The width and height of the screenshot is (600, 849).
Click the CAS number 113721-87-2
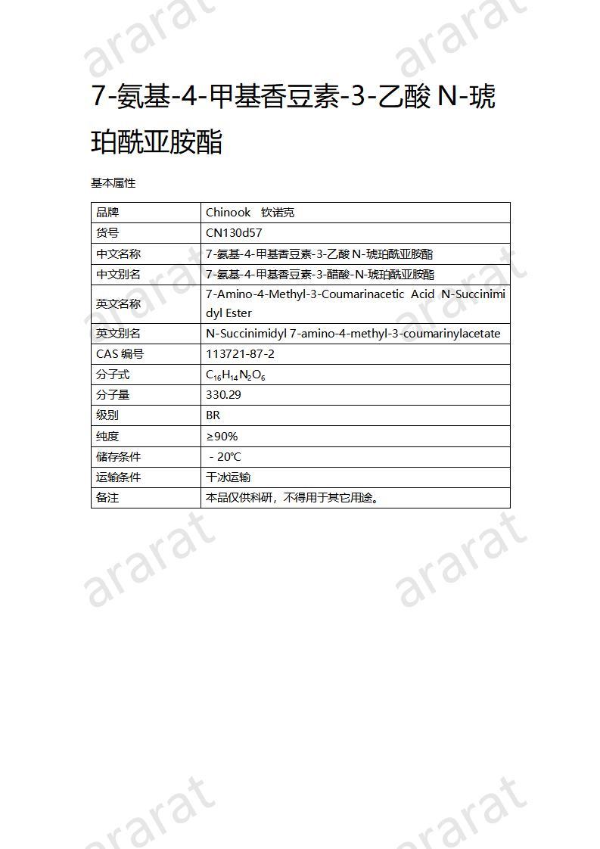pos(240,354)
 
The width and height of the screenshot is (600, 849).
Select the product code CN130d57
pos(234,233)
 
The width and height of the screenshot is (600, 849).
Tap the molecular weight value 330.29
pos(224,395)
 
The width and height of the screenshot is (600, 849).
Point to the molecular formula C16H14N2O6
pos(235,375)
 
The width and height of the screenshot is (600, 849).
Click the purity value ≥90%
pos(222,437)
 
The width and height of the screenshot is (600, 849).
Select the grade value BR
pos(213,415)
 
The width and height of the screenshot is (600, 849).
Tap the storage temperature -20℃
pos(225,457)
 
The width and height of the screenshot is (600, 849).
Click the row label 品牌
pos(107,213)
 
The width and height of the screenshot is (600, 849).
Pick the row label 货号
pos(107,233)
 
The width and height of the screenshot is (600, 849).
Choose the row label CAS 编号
pos(120,354)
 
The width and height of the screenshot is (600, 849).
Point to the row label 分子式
pos(113,375)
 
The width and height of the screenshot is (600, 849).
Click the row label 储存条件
pos(118,457)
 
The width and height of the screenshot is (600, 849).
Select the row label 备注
pos(107,498)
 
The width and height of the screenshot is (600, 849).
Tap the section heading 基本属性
pos(113,183)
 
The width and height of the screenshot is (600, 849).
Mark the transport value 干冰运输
pos(228,477)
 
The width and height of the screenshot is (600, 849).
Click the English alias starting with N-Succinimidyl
pos(353,334)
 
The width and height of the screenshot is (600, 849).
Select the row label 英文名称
pos(118,303)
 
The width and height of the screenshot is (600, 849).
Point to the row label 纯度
pos(107,437)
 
